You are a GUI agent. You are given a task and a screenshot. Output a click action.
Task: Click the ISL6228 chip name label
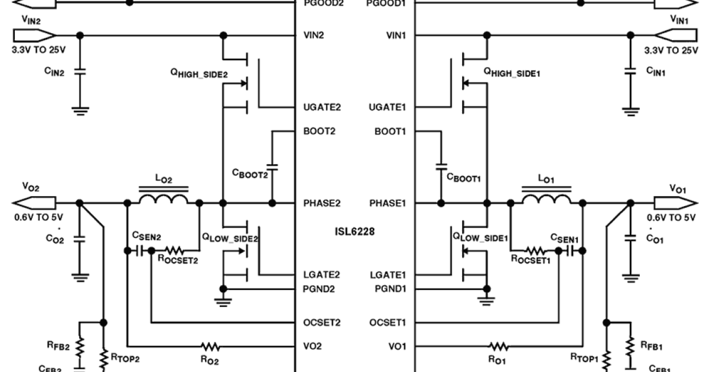(354, 231)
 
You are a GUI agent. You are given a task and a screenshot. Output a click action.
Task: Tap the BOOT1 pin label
(392, 131)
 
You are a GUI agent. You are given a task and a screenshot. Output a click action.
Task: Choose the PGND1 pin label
(391, 289)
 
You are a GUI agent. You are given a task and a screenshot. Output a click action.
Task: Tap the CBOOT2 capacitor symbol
(272, 166)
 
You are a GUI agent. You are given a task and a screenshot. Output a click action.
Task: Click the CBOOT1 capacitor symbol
(441, 166)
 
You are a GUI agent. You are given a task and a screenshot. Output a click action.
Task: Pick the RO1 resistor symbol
(499, 346)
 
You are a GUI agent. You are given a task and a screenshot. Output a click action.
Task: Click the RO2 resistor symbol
(210, 346)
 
